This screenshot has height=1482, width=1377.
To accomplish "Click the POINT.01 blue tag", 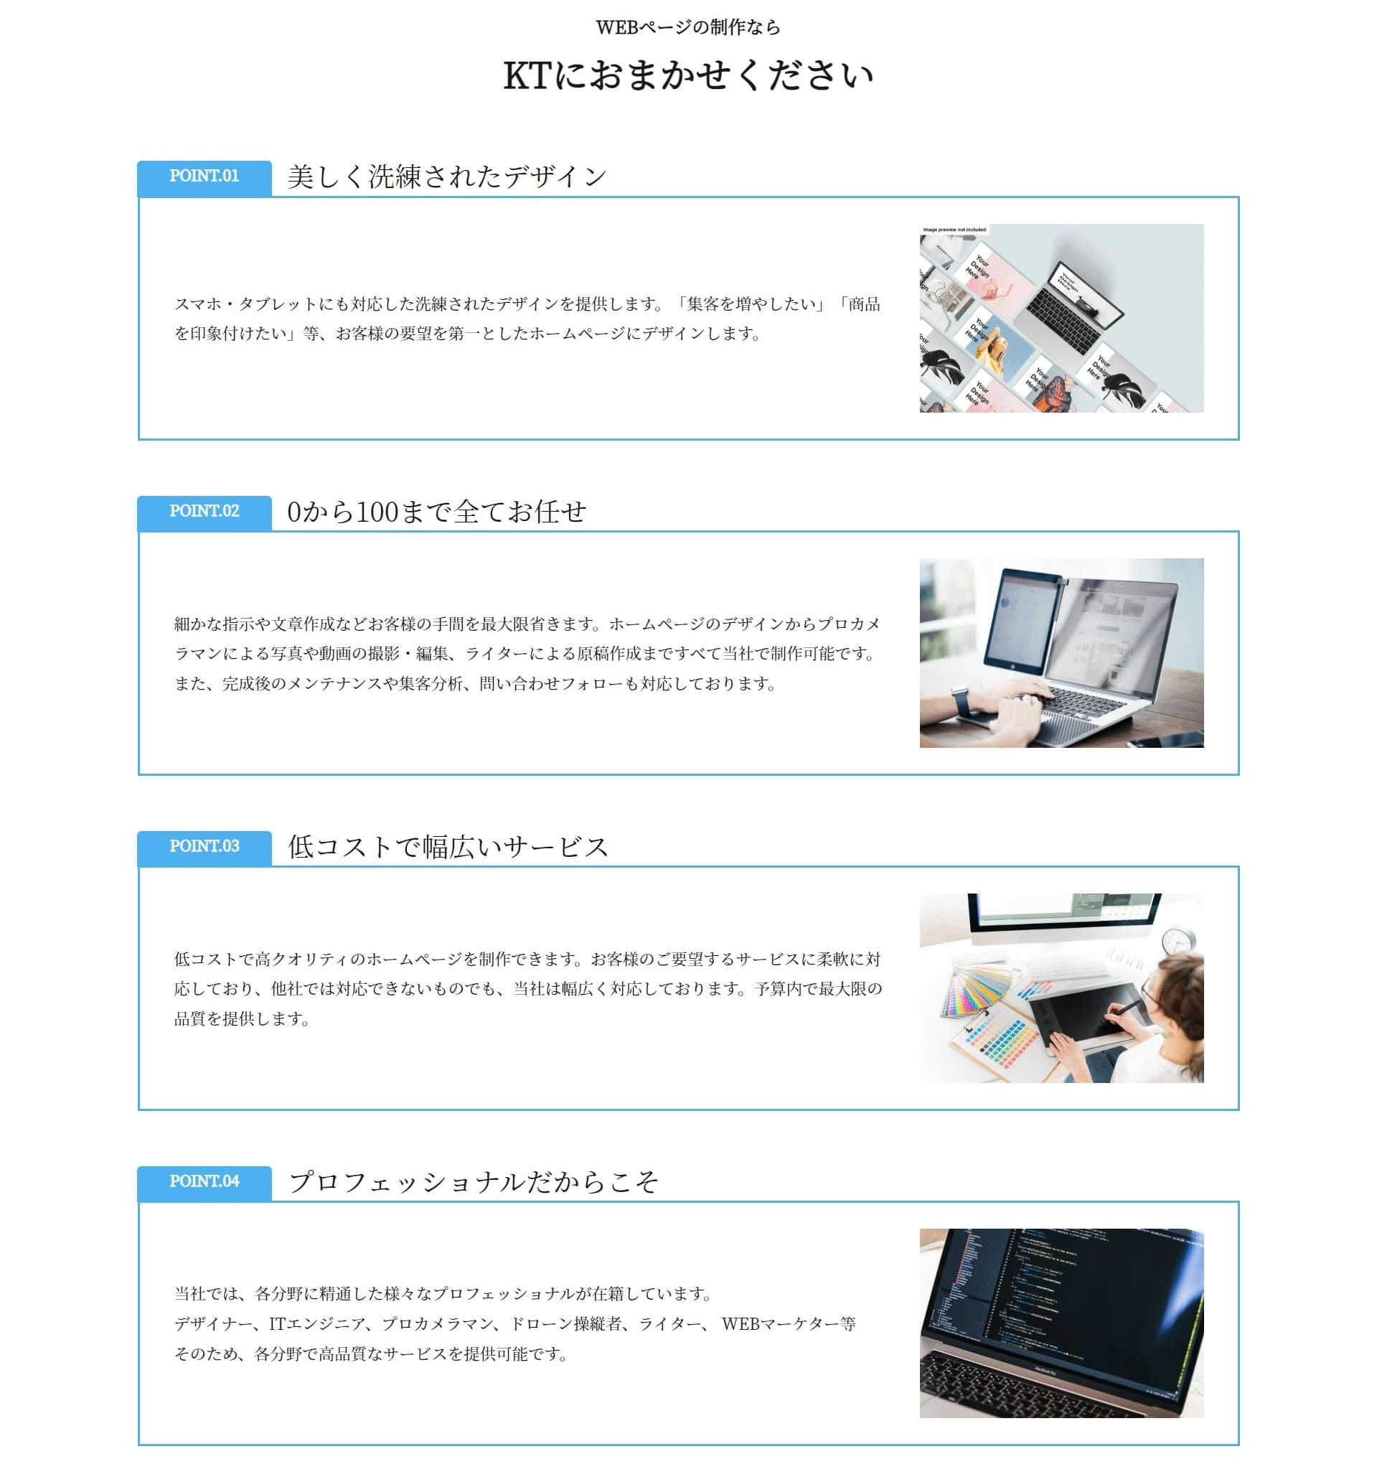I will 205,177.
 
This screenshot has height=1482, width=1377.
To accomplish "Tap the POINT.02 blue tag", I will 205,512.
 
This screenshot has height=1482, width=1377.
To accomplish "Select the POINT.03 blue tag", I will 205,847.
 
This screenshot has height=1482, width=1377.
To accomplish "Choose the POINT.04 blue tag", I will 205,1183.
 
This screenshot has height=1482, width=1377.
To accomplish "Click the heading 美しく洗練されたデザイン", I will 447,177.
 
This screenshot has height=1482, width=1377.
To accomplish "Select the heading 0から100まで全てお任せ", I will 437,512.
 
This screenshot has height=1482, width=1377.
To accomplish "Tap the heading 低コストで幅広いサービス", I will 448,848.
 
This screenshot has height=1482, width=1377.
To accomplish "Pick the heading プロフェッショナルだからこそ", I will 473,1183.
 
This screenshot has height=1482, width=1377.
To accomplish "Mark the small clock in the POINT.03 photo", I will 1179,940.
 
